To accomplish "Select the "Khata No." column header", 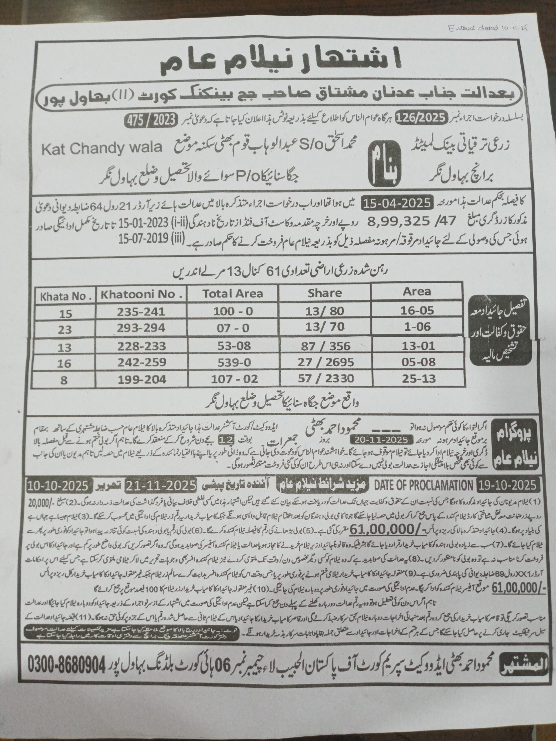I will (66, 296).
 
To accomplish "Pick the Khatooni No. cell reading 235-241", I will (141, 312).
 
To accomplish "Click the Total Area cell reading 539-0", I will (233, 362).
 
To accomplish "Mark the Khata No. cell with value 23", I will (65, 330).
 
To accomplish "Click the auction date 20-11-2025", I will (379, 439).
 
